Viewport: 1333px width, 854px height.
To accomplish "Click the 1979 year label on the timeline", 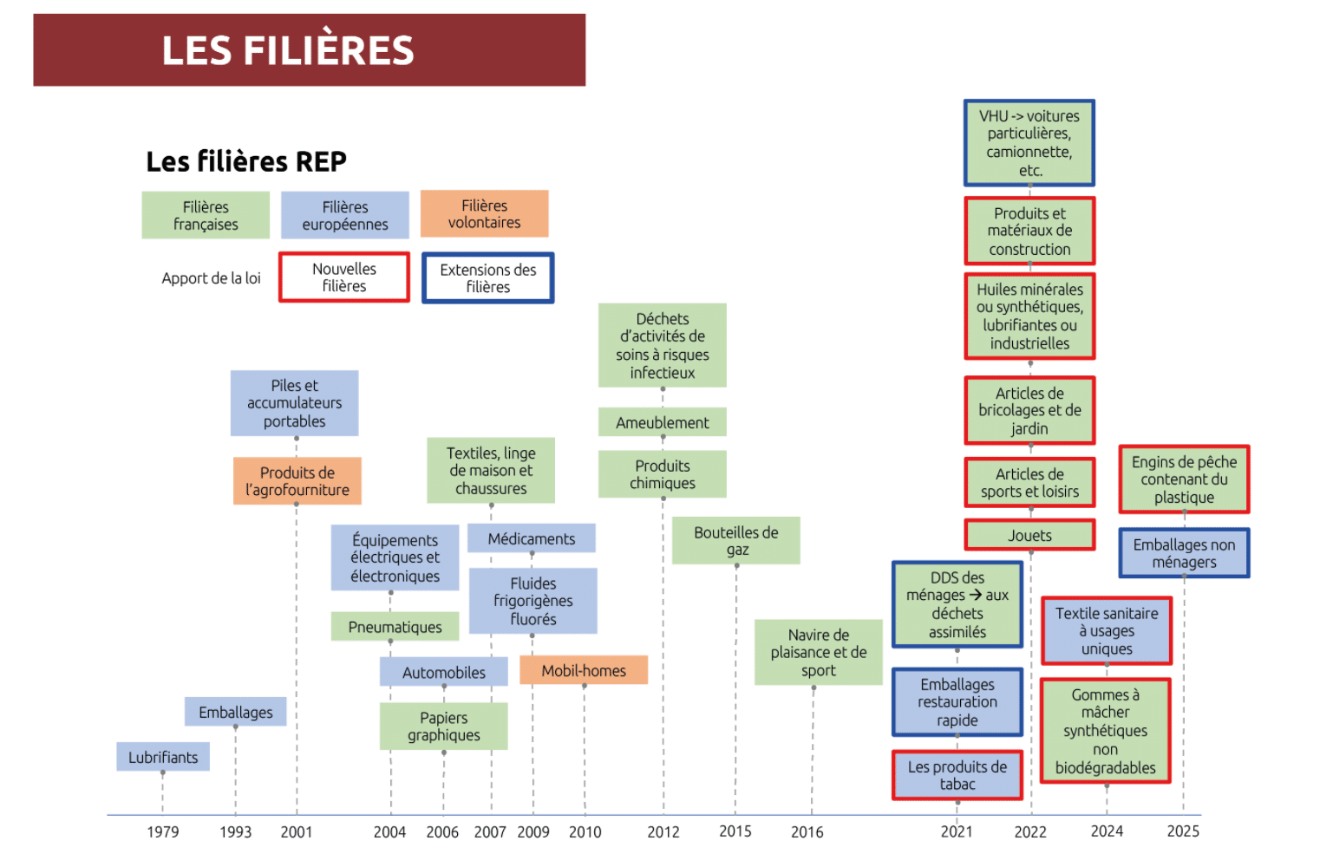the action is (162, 831).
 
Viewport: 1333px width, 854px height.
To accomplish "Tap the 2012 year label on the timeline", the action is (663, 831).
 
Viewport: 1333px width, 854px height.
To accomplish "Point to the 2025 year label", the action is (1182, 831).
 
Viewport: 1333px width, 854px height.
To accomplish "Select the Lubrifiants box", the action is (163, 757).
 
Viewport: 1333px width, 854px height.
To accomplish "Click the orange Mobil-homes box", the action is (584, 670).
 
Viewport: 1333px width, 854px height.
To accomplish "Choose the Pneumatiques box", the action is (395, 626).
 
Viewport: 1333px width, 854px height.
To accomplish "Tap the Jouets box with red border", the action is (1029, 535).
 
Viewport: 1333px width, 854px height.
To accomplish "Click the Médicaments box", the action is (532, 538).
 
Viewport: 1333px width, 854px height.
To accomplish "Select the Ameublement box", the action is (663, 422).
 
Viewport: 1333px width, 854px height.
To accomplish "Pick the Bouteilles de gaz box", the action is (736, 541).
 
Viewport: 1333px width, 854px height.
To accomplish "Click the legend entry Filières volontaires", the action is (485, 213).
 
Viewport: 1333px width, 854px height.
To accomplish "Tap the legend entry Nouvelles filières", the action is (344, 277).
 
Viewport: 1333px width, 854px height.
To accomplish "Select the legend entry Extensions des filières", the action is (488, 277).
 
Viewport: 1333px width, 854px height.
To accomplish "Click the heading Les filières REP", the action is (246, 161).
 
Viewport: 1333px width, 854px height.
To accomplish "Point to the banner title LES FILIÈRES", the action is (288, 49).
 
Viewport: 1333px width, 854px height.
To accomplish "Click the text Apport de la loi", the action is (212, 277).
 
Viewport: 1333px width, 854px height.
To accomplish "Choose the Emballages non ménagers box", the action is (1184, 553).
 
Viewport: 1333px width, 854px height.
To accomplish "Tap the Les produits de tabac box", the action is (957, 775).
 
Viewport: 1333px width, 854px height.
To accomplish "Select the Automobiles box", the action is (444, 672).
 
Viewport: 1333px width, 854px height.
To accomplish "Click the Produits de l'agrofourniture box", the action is (297, 481).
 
